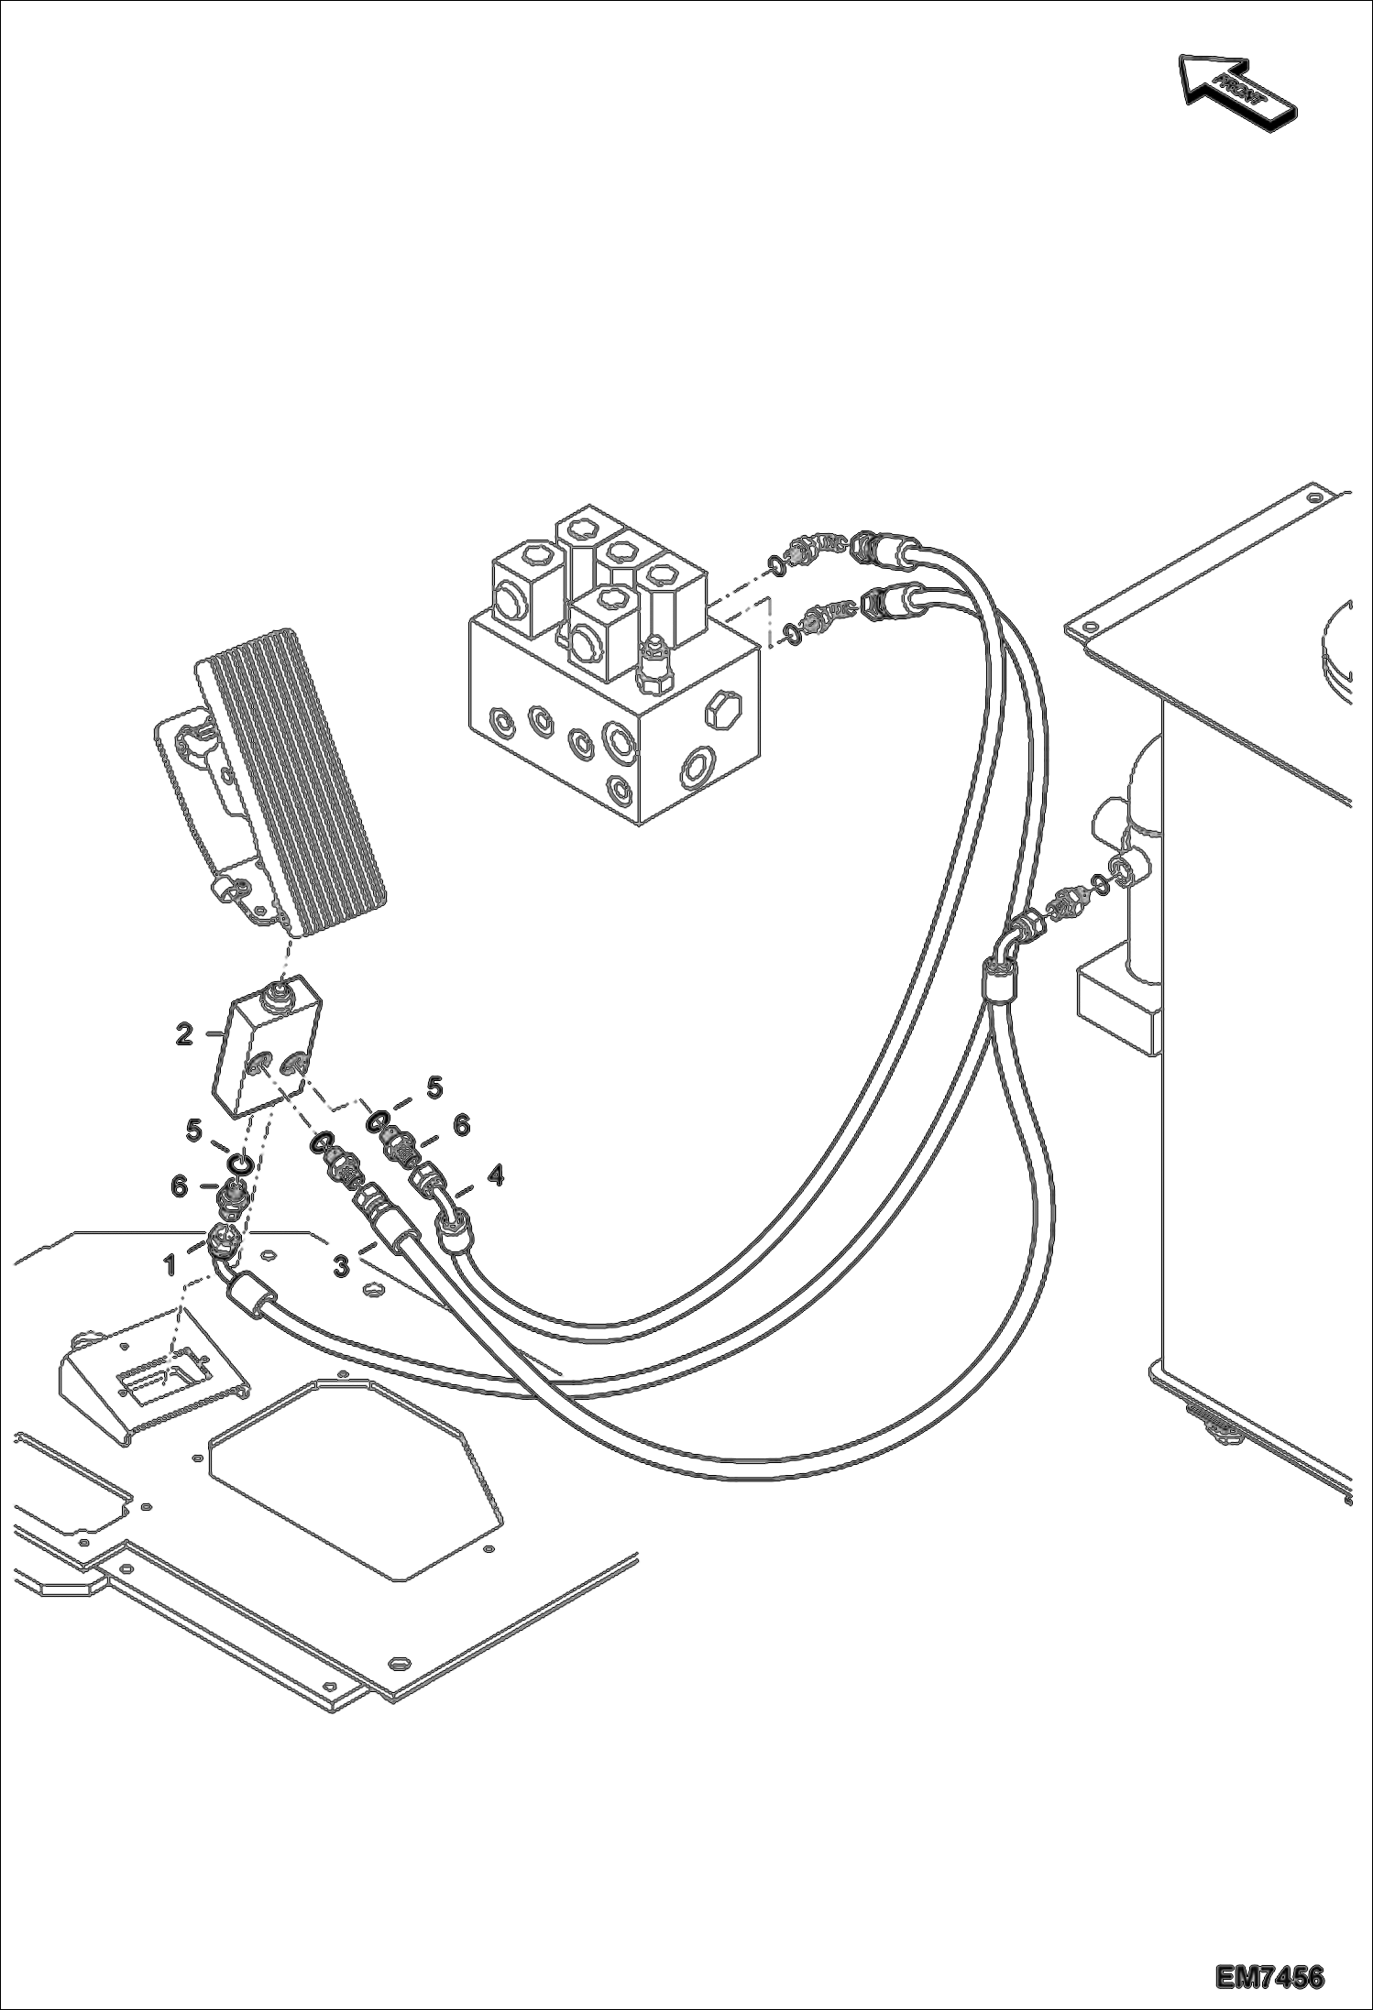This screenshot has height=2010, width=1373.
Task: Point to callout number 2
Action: tap(184, 1034)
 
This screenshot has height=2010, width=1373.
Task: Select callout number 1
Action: tap(170, 1265)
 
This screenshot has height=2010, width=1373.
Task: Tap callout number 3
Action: tap(340, 1267)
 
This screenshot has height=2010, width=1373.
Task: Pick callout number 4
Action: tap(495, 1174)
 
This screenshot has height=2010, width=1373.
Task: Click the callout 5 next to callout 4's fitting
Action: tap(434, 1087)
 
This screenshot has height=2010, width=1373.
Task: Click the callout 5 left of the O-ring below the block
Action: tap(194, 1131)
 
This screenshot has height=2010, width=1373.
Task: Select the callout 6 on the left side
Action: tap(179, 1187)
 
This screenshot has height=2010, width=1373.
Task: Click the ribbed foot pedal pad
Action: tap(293, 779)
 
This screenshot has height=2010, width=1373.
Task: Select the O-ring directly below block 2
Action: tap(241, 1163)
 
